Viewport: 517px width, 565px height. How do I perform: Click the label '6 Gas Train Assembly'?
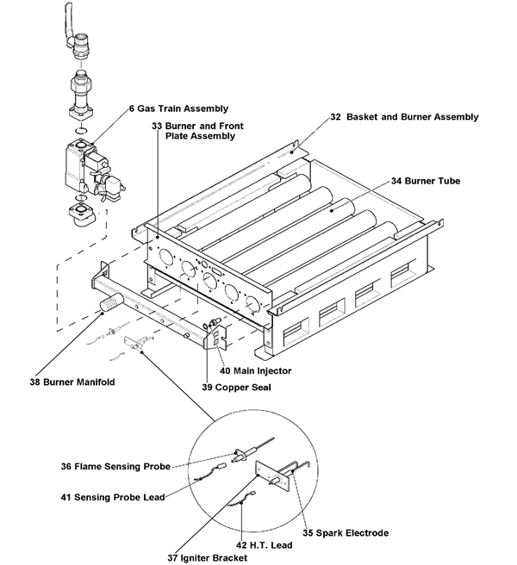pos(178,109)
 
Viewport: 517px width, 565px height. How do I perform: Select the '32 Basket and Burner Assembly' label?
pos(403,116)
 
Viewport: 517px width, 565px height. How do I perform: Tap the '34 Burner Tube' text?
pos(425,182)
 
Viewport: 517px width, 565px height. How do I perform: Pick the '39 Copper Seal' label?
pos(238,388)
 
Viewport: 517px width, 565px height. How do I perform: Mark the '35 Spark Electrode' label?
pos(346,532)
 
